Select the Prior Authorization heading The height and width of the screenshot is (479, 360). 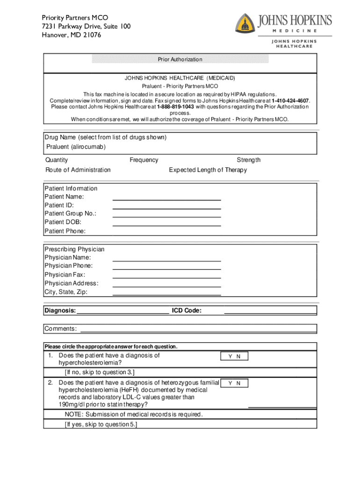(x=180, y=59)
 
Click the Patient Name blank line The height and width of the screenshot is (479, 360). (x=166, y=200)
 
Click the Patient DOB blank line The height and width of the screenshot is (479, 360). (x=166, y=225)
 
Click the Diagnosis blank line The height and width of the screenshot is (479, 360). (x=122, y=311)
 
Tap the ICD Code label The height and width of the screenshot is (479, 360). (x=187, y=311)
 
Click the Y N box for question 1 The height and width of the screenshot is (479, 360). (x=234, y=356)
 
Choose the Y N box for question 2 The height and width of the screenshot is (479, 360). (x=234, y=383)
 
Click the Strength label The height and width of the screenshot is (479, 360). (x=248, y=160)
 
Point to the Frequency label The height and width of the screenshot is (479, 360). (x=144, y=160)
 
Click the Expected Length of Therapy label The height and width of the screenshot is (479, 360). (x=208, y=170)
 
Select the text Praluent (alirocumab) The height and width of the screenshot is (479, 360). (x=76, y=147)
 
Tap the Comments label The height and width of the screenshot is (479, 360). (x=61, y=329)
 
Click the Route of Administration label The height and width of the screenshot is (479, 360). (x=78, y=170)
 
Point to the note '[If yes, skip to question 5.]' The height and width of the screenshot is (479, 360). (x=101, y=424)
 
